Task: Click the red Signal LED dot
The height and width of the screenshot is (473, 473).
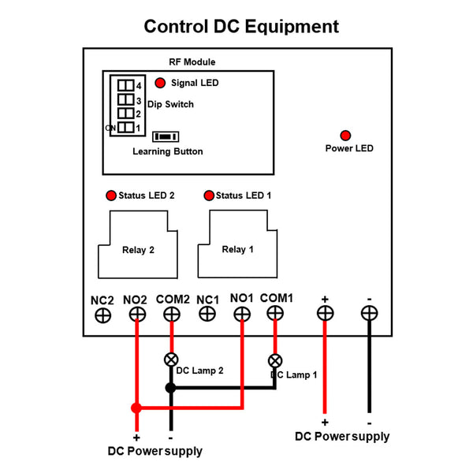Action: (160, 83)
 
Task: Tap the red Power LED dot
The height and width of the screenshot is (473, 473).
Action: (345, 135)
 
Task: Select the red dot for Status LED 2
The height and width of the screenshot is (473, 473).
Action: (110, 196)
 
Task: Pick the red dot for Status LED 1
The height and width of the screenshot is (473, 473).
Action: (209, 196)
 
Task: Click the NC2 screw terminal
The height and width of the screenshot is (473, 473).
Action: (102, 315)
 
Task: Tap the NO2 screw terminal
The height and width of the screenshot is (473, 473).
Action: (137, 314)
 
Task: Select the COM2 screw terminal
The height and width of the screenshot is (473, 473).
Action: (171, 314)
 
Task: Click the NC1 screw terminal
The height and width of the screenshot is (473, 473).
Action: (207, 314)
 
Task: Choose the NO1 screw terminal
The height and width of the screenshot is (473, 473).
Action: (242, 314)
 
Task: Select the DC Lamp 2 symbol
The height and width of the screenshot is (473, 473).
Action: (170, 359)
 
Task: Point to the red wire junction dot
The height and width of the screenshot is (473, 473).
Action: (136, 408)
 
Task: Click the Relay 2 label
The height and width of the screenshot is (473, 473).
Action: (138, 251)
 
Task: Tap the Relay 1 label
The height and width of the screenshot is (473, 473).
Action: (238, 250)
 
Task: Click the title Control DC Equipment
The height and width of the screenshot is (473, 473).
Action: (241, 27)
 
